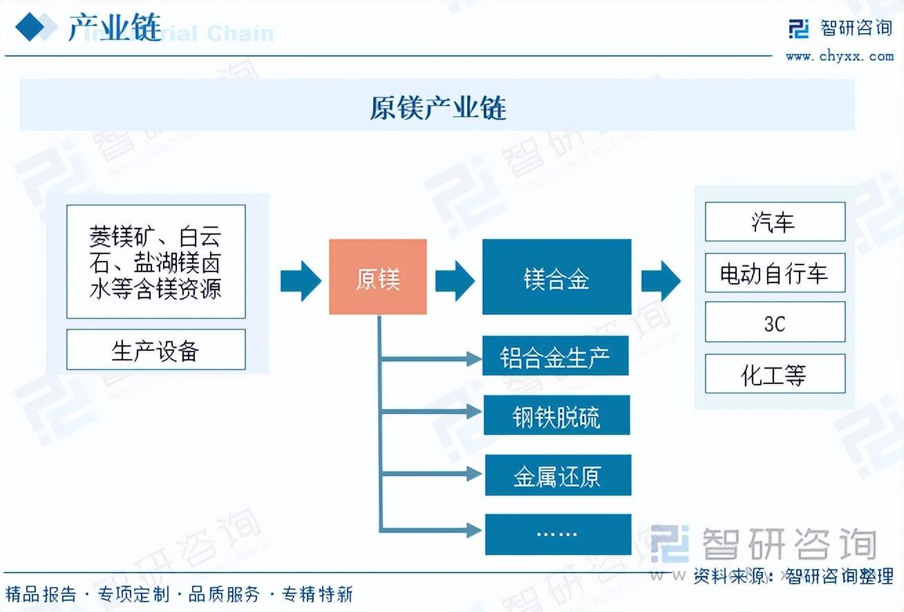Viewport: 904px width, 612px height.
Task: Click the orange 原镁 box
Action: (x=377, y=277)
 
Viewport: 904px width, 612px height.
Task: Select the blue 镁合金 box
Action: (x=556, y=277)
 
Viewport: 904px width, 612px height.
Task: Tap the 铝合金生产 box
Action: (x=555, y=357)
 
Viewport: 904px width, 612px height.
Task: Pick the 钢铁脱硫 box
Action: (x=556, y=416)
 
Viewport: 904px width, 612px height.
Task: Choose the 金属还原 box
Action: (x=558, y=475)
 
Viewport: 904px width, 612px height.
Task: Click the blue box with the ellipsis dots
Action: (x=558, y=534)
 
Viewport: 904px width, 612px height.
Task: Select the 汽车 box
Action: (x=775, y=222)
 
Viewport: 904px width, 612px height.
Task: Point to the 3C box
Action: (x=775, y=323)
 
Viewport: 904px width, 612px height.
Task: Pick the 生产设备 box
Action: (x=156, y=350)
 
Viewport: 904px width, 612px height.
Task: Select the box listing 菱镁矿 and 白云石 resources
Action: (x=156, y=261)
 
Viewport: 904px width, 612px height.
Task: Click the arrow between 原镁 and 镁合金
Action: (x=454, y=280)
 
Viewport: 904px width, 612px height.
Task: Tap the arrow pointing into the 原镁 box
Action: (x=301, y=280)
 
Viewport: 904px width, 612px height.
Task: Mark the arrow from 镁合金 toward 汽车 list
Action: (x=660, y=280)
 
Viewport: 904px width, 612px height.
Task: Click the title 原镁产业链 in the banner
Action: (x=437, y=108)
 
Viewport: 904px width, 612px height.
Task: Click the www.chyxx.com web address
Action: (x=839, y=56)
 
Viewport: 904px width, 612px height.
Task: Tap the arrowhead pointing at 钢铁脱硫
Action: (x=473, y=412)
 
